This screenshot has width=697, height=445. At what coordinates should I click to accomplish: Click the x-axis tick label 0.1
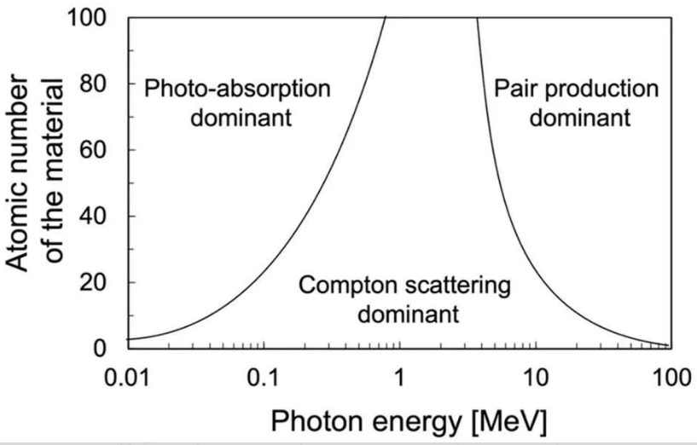click(265, 378)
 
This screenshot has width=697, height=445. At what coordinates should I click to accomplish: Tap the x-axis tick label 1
click(398, 378)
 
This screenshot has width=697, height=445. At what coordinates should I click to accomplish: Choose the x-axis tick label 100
click(667, 378)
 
